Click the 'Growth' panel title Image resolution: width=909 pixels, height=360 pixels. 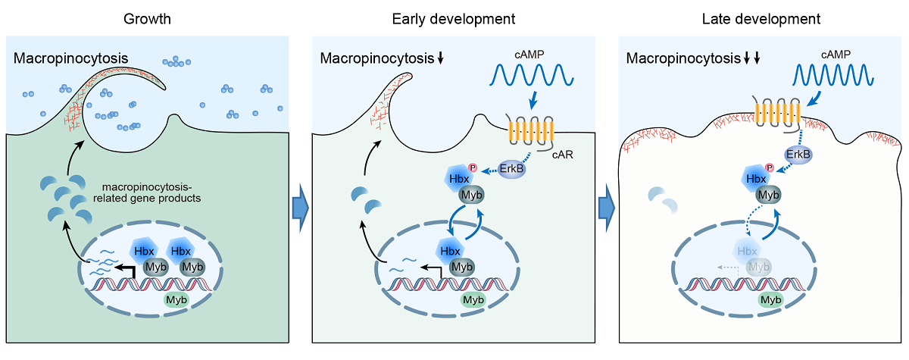(x=148, y=17)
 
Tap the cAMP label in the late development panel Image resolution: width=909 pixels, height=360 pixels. (x=836, y=54)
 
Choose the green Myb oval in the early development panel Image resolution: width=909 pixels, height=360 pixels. (x=473, y=299)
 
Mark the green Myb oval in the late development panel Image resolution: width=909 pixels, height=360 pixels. (x=771, y=299)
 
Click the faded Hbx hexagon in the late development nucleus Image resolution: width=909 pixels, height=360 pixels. (x=748, y=251)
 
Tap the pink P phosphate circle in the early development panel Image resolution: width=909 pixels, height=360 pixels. (x=473, y=167)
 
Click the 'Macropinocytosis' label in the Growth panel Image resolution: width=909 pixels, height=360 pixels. (x=70, y=58)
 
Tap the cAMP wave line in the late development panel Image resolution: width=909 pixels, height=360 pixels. (x=833, y=75)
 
